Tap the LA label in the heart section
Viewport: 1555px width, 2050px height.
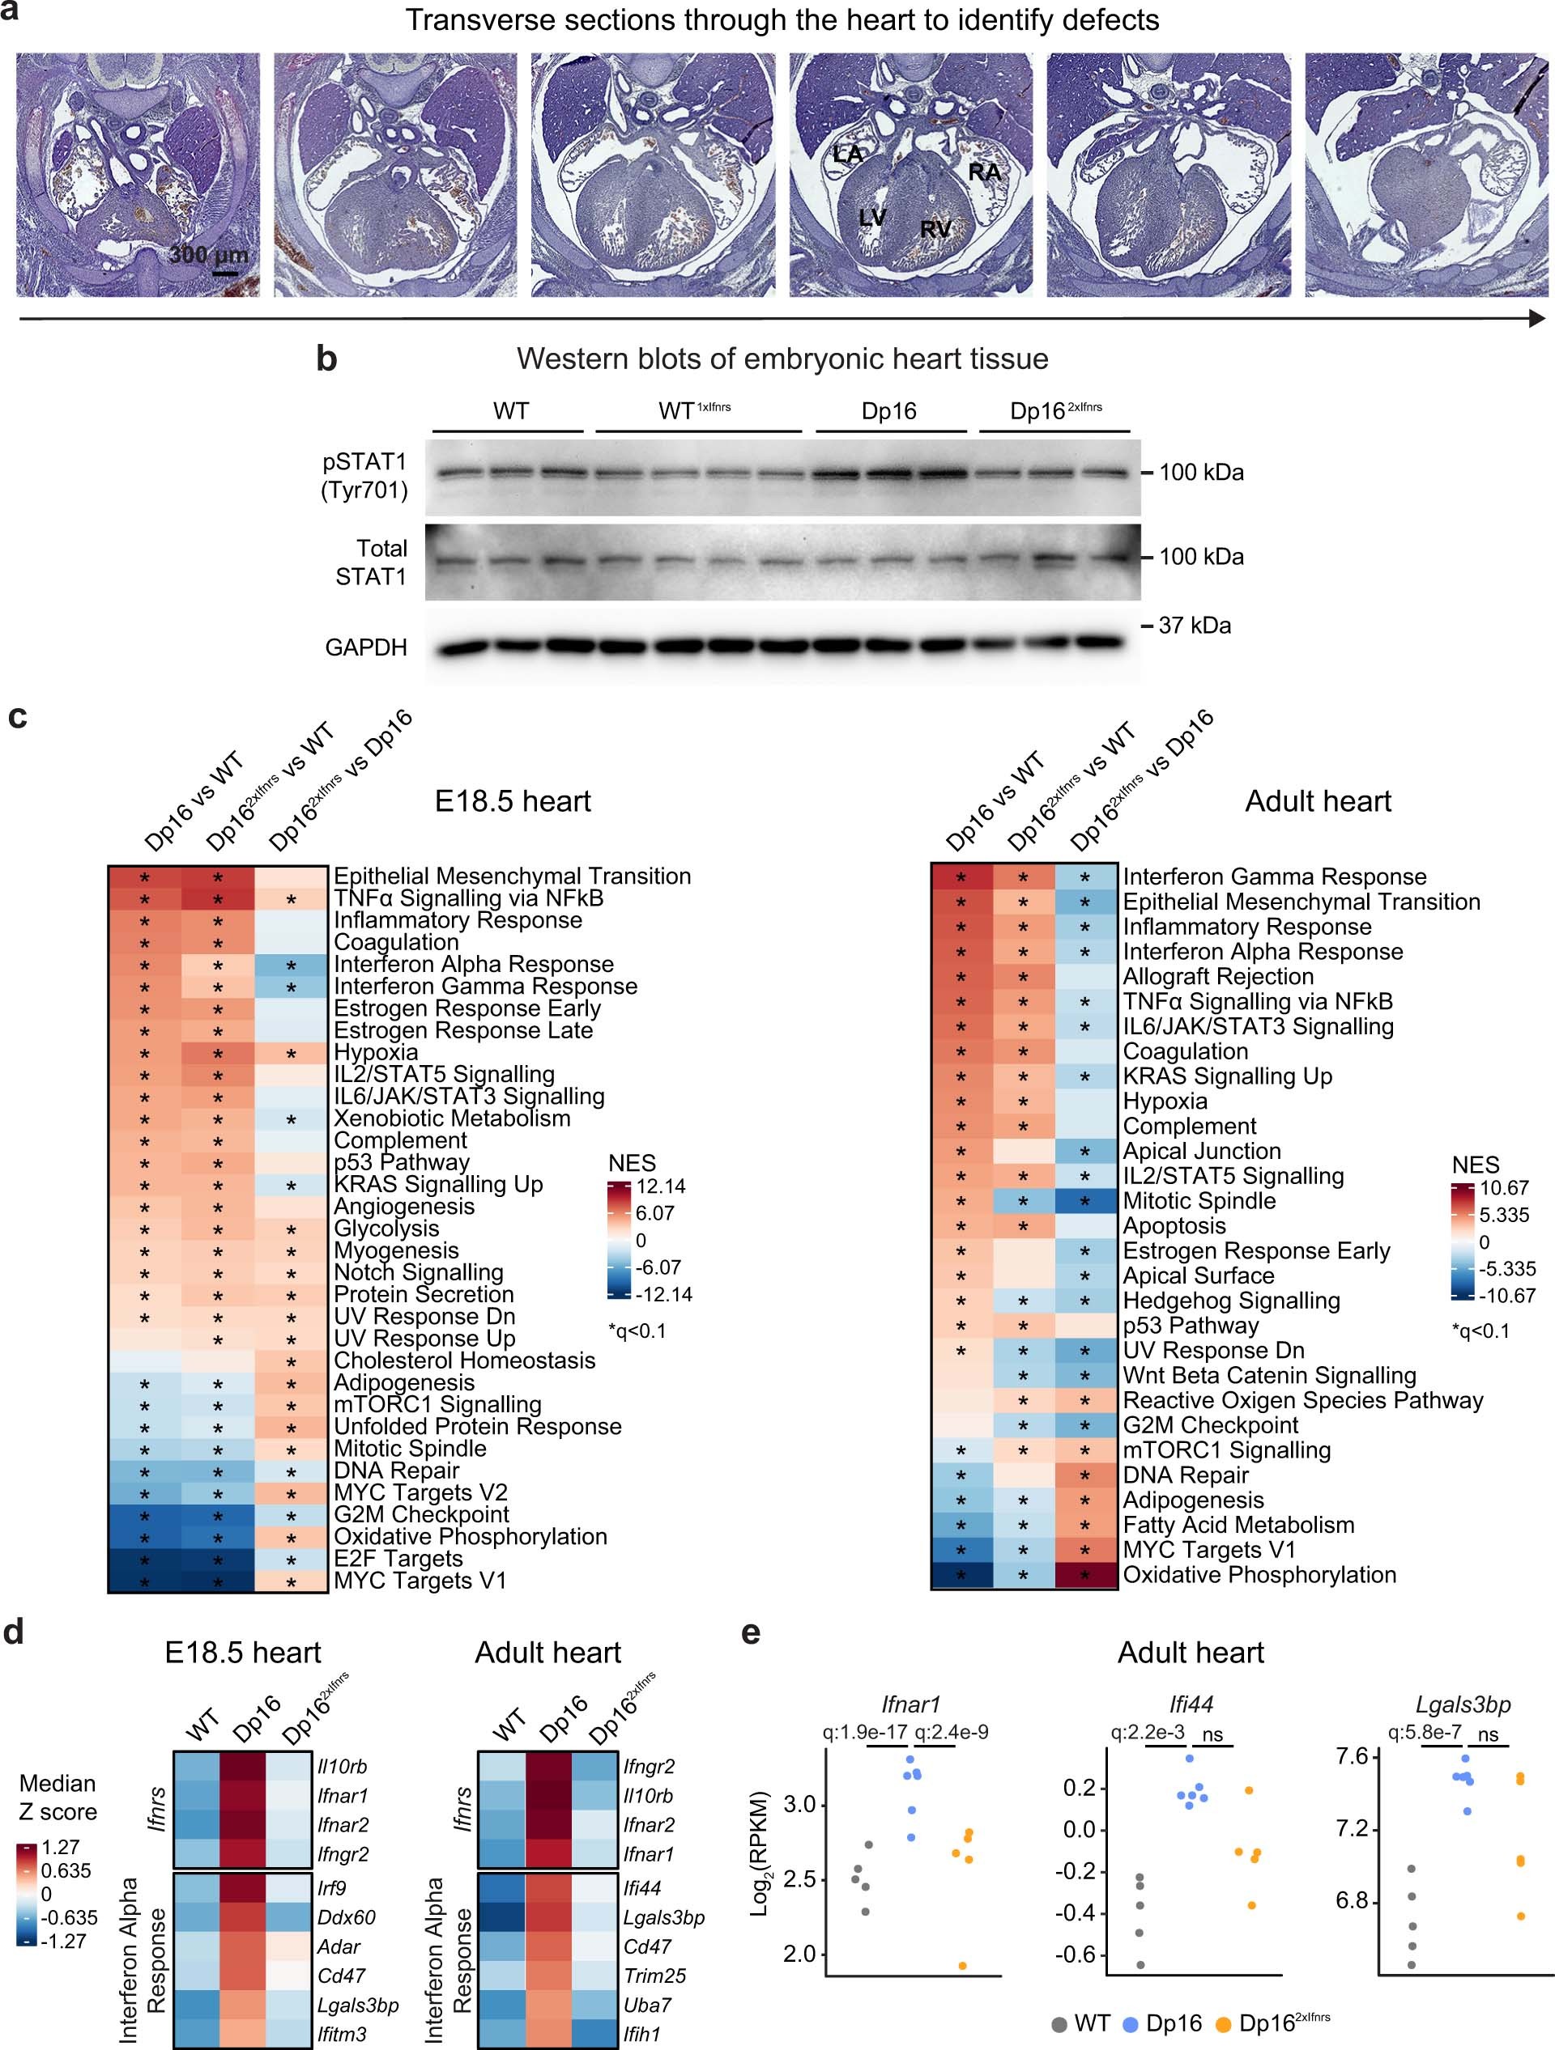pos(847,154)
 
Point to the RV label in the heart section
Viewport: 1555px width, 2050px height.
pos(935,229)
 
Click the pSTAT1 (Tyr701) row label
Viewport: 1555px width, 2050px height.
pos(364,475)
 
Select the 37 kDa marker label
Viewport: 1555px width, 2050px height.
pos(1195,626)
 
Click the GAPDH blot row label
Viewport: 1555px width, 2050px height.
pos(365,647)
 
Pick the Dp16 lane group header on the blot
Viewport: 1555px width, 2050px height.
pos(888,411)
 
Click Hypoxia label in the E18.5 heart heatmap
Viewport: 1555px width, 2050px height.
pos(376,1053)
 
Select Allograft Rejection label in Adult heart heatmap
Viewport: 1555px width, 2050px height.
pos(1217,977)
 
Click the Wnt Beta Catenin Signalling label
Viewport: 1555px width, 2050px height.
pos(1268,1375)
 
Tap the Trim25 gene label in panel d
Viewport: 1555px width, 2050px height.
pos(654,1976)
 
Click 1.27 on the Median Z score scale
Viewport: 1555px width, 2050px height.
pos(62,1846)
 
